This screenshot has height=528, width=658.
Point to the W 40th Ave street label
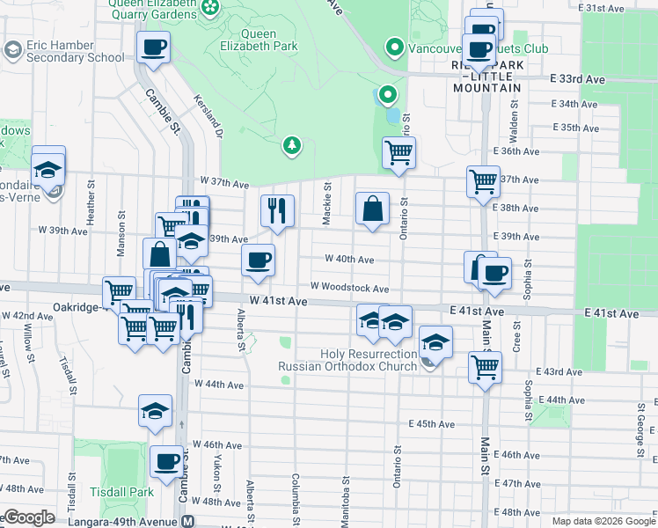point(349,260)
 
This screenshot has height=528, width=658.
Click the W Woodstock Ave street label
point(349,288)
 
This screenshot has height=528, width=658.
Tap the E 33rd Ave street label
point(578,79)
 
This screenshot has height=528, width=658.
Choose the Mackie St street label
point(326,203)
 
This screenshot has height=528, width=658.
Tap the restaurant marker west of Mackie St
point(277,211)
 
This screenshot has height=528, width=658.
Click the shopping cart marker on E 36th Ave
point(398,153)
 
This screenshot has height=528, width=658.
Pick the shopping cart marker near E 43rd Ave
point(485,367)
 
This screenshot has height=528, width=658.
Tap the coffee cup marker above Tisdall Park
point(165,461)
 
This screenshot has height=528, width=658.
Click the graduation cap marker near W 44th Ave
point(155,410)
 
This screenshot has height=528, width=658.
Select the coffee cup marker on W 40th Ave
point(258,260)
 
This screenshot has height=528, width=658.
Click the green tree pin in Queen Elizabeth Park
point(291,144)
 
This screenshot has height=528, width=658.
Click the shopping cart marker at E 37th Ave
point(483,181)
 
